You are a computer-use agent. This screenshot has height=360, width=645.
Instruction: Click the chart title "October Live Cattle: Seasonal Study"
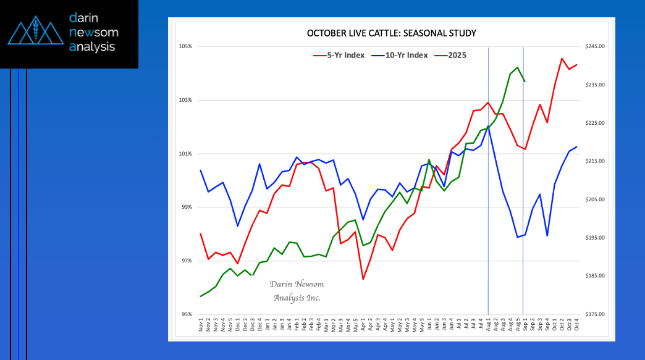[392, 33]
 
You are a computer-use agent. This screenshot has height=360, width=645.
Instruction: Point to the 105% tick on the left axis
[185, 46]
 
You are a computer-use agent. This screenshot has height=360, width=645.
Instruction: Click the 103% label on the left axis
[185, 100]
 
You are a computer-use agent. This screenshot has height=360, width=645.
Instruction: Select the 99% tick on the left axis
[186, 207]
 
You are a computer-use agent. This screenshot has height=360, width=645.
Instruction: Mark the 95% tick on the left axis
[186, 314]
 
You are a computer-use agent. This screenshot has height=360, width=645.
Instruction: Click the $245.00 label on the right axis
[594, 46]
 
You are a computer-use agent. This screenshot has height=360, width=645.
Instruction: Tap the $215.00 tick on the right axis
[594, 161]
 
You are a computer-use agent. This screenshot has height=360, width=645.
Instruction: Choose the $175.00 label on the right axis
[594, 314]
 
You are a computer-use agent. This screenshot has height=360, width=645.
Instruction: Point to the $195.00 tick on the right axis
[594, 238]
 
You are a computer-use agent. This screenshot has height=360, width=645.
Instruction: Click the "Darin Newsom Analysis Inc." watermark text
[297, 291]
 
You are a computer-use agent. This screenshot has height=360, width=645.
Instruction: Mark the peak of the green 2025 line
[517, 67]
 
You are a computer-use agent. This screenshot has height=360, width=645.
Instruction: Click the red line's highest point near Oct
[562, 59]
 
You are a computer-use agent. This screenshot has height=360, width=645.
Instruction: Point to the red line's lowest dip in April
[363, 280]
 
